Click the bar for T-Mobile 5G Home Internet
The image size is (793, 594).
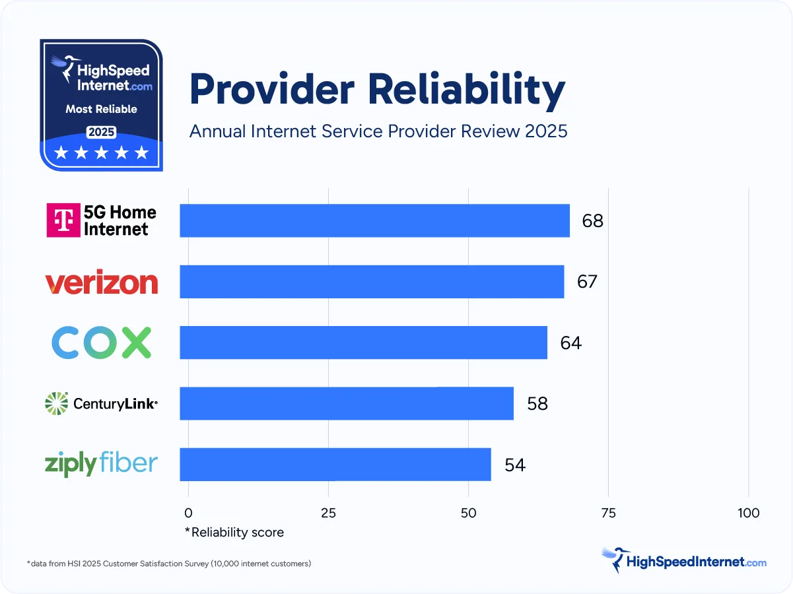374,220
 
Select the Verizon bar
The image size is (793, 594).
372,282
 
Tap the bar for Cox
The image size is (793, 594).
363,343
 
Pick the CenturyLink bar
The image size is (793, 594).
347,403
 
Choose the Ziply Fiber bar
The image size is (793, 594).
335,465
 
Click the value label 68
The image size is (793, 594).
592,221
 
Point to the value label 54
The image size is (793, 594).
515,465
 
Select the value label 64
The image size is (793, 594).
570,343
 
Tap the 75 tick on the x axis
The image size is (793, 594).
608,513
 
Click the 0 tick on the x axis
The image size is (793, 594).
188,513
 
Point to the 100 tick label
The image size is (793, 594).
748,513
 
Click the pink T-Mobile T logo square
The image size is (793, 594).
63,220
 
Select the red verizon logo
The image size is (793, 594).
102,282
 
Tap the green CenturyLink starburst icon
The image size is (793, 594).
57,403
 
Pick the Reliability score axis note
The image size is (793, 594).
234,532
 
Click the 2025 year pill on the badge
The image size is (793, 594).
102,131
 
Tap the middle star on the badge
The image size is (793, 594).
102,153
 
